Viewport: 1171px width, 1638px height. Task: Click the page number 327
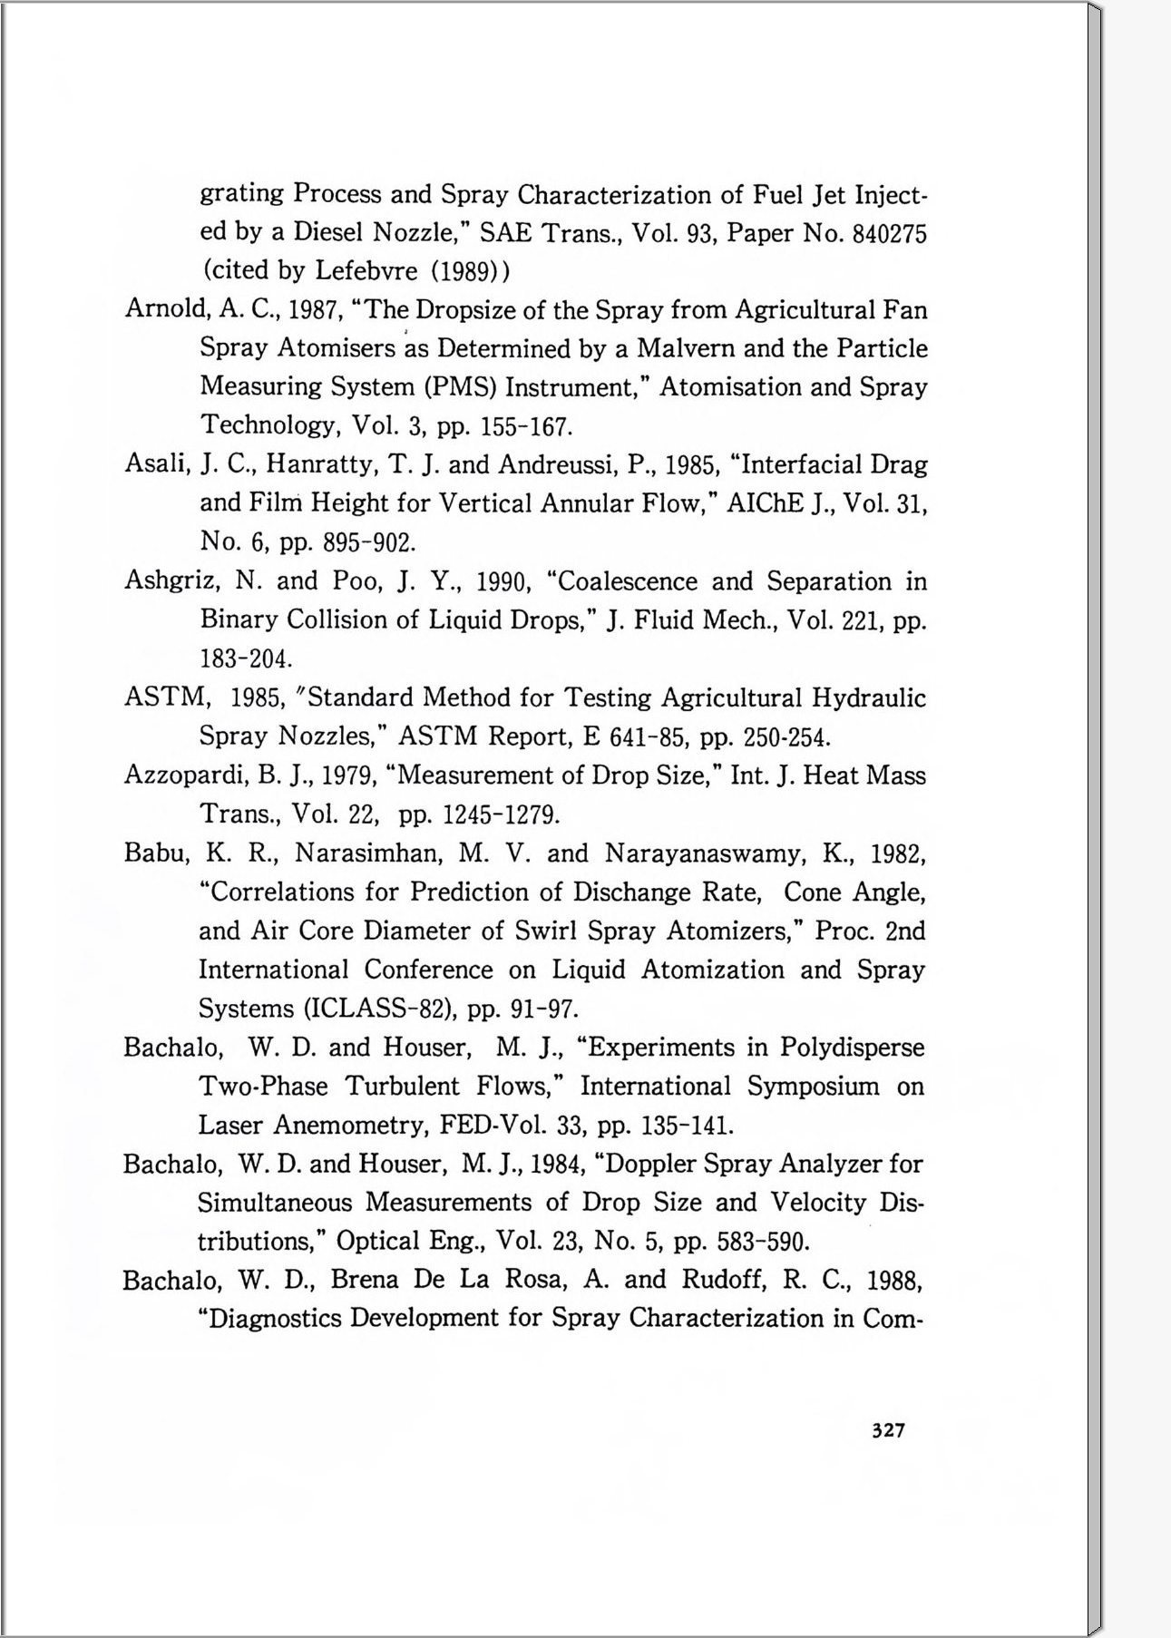click(888, 1430)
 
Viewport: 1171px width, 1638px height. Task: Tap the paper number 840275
click(890, 234)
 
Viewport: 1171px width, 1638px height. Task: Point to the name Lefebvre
click(366, 271)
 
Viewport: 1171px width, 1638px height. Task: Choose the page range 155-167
click(526, 426)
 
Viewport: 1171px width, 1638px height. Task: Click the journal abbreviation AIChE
click(766, 503)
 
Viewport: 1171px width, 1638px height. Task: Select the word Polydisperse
click(852, 1048)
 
